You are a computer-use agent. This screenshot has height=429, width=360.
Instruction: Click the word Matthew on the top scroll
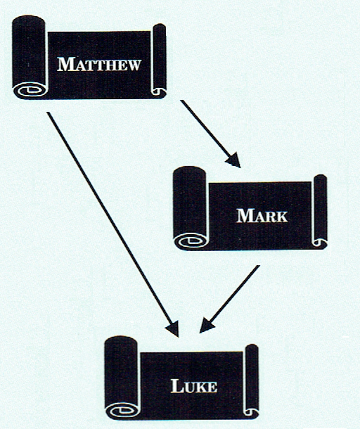98,65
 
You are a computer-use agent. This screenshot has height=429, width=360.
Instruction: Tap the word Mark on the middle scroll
262,216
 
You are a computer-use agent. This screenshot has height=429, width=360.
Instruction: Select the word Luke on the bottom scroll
194,386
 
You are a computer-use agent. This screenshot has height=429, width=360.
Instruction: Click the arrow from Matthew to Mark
210,134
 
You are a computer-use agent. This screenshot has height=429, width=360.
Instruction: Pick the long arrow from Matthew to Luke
112,224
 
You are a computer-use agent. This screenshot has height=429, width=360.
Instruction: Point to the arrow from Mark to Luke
229,299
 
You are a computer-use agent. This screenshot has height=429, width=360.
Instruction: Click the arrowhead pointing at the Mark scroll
233,160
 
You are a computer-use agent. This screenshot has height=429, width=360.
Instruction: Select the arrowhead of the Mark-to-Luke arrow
206,326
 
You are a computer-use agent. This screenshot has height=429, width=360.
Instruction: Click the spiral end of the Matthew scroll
31,90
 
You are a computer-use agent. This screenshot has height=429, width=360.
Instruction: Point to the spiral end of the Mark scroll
191,241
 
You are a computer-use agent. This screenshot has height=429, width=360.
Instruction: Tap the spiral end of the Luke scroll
123,411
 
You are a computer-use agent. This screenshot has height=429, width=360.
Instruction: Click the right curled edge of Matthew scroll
159,60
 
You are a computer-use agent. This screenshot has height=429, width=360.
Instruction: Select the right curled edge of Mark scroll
320,211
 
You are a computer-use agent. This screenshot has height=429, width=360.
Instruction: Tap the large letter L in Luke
177,386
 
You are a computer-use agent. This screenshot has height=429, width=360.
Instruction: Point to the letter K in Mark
281,217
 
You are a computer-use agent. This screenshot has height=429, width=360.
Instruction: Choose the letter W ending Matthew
134,65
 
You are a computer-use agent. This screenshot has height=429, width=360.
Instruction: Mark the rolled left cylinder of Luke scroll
121,378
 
